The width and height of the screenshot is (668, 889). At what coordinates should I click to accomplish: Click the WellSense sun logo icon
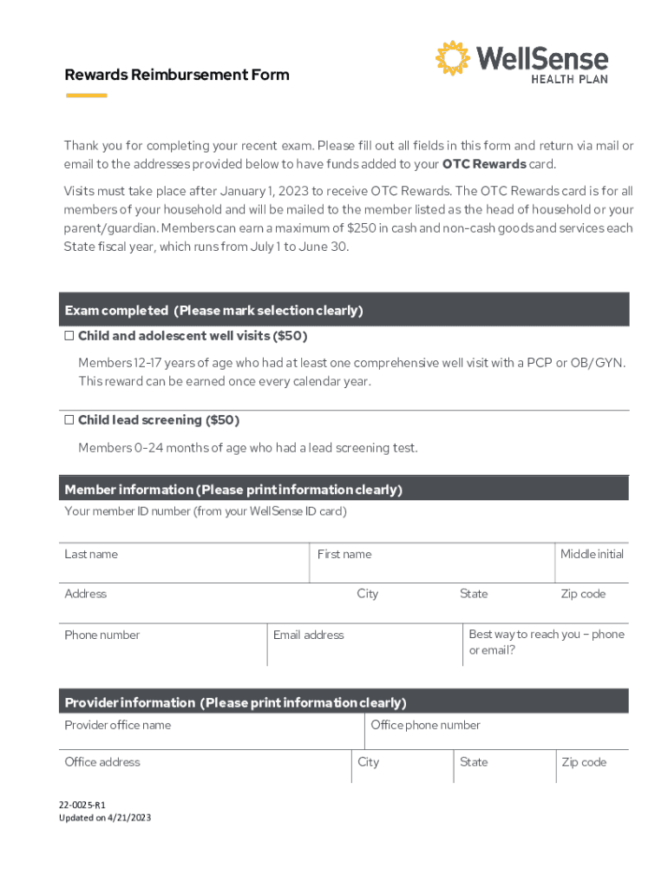click(452, 58)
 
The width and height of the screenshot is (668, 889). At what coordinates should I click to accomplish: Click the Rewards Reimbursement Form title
click(176, 75)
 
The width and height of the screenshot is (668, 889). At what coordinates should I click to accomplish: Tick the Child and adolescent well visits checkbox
click(69, 335)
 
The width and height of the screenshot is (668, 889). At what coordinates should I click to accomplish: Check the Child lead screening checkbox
click(69, 420)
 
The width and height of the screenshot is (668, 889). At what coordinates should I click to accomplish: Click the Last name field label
click(91, 554)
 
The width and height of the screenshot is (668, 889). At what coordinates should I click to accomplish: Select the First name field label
click(344, 554)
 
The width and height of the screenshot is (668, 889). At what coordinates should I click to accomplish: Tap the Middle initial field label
click(592, 554)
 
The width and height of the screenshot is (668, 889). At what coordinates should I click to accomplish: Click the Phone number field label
click(102, 635)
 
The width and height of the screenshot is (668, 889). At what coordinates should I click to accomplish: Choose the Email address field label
click(308, 635)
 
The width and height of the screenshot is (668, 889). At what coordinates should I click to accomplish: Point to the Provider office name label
click(117, 725)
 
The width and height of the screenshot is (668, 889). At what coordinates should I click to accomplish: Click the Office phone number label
click(425, 725)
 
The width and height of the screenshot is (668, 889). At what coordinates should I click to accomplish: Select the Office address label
click(102, 762)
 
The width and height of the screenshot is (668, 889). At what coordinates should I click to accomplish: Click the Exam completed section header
click(213, 310)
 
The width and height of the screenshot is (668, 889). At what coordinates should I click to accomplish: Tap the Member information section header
click(232, 490)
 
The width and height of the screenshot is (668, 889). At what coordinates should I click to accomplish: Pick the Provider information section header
click(235, 702)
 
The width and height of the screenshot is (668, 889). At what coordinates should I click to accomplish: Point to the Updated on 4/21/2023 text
click(104, 818)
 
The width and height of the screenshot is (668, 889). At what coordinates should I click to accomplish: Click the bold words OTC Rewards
click(484, 164)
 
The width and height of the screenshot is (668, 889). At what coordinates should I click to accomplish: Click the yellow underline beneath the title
click(86, 95)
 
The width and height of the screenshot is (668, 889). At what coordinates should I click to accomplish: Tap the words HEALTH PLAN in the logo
click(569, 78)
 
